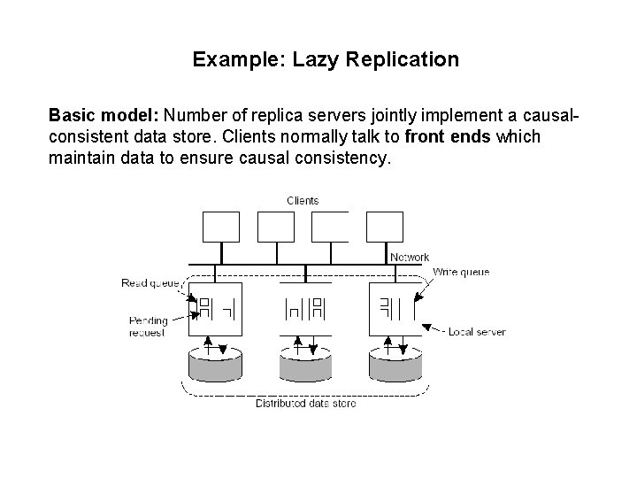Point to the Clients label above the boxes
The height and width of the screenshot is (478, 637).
click(x=303, y=201)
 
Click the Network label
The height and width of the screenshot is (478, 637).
click(x=410, y=258)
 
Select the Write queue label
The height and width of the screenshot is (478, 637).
click(x=461, y=272)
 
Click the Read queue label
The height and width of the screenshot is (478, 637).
click(x=150, y=283)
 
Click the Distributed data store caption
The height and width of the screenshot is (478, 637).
click(x=306, y=404)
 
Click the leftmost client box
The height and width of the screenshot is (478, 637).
click(x=221, y=227)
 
